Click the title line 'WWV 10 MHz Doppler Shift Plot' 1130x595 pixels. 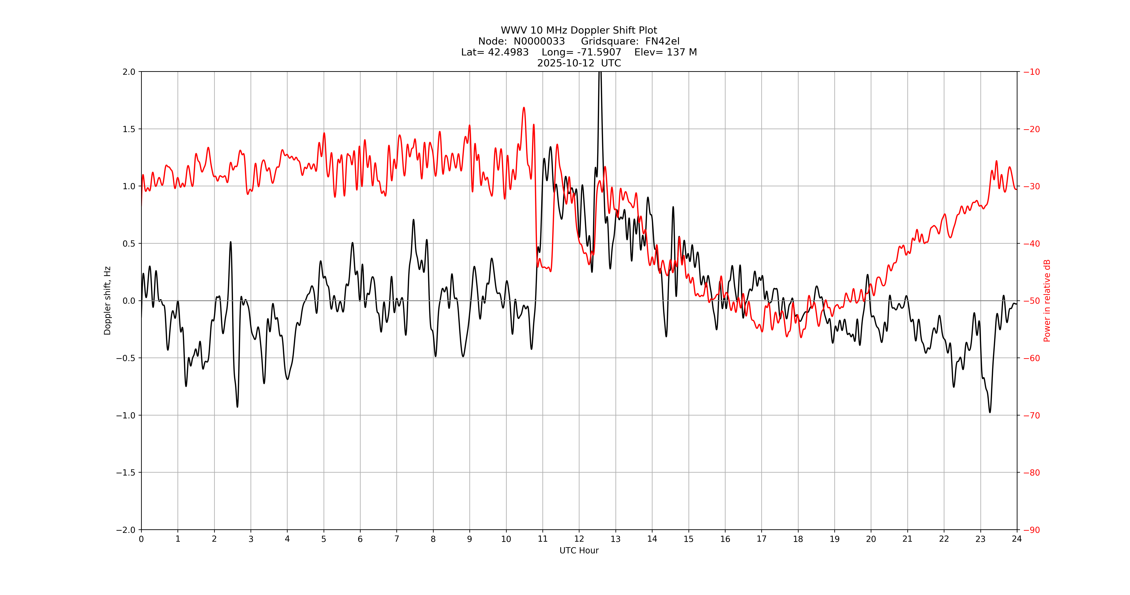(579, 30)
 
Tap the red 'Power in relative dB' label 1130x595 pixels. (1047, 301)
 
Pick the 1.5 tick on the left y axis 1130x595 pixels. (129, 129)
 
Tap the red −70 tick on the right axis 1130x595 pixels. (1031, 415)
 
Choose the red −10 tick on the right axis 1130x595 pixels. (1031, 72)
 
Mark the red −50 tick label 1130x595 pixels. (1031, 301)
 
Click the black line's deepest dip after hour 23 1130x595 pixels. (990, 412)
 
